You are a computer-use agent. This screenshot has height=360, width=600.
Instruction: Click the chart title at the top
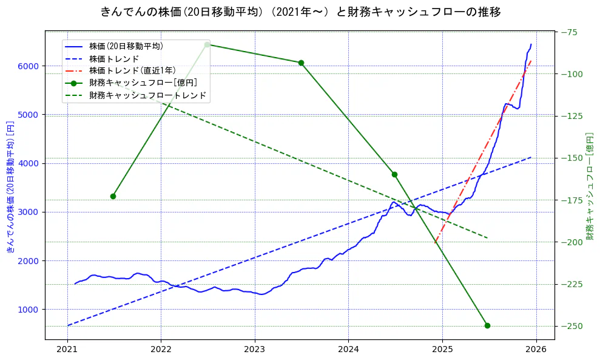[300, 12]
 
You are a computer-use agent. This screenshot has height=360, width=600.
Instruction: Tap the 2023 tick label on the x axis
[255, 350]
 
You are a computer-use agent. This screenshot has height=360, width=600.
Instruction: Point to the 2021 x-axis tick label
[67, 350]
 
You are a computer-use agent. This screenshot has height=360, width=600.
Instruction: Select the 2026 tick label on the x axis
[536, 350]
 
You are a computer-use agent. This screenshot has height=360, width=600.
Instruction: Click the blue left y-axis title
[10, 185]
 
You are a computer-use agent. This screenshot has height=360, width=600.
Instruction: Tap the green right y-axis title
[590, 185]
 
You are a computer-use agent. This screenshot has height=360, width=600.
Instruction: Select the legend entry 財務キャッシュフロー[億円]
[143, 83]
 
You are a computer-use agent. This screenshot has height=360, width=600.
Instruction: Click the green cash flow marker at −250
[487, 325]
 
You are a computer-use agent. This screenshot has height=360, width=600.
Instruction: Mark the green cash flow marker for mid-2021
[113, 196]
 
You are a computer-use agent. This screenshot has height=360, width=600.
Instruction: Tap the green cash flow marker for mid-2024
[394, 174]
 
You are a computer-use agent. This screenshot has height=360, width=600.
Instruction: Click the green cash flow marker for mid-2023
[301, 63]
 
